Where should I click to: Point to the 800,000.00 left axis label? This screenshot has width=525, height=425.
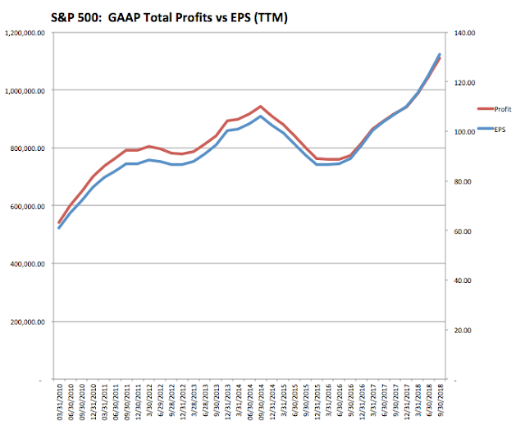tap(28, 149)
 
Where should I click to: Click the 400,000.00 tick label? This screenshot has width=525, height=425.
tap(28, 264)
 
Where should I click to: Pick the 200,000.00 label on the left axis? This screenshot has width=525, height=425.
tap(28, 322)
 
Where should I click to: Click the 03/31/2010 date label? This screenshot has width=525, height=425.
tap(60, 403)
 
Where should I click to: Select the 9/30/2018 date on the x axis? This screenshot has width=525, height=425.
tap(439, 404)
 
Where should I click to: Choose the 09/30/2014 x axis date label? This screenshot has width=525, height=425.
tap(261, 403)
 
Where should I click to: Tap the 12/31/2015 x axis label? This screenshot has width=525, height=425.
tap(317, 403)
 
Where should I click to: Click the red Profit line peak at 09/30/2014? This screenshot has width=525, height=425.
tap(260, 106)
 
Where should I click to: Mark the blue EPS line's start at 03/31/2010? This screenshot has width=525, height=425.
tap(59, 227)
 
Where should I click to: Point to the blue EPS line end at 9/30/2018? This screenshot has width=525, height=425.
tap(440, 54)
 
